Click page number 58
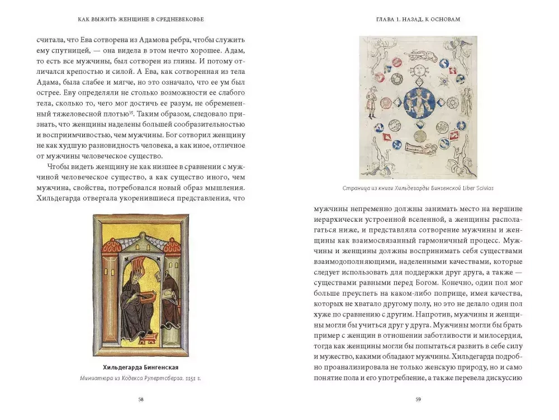click(140, 399)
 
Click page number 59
click(418, 399)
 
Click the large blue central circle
click(419, 103)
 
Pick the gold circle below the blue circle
click(418, 135)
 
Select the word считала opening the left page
click(51, 41)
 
